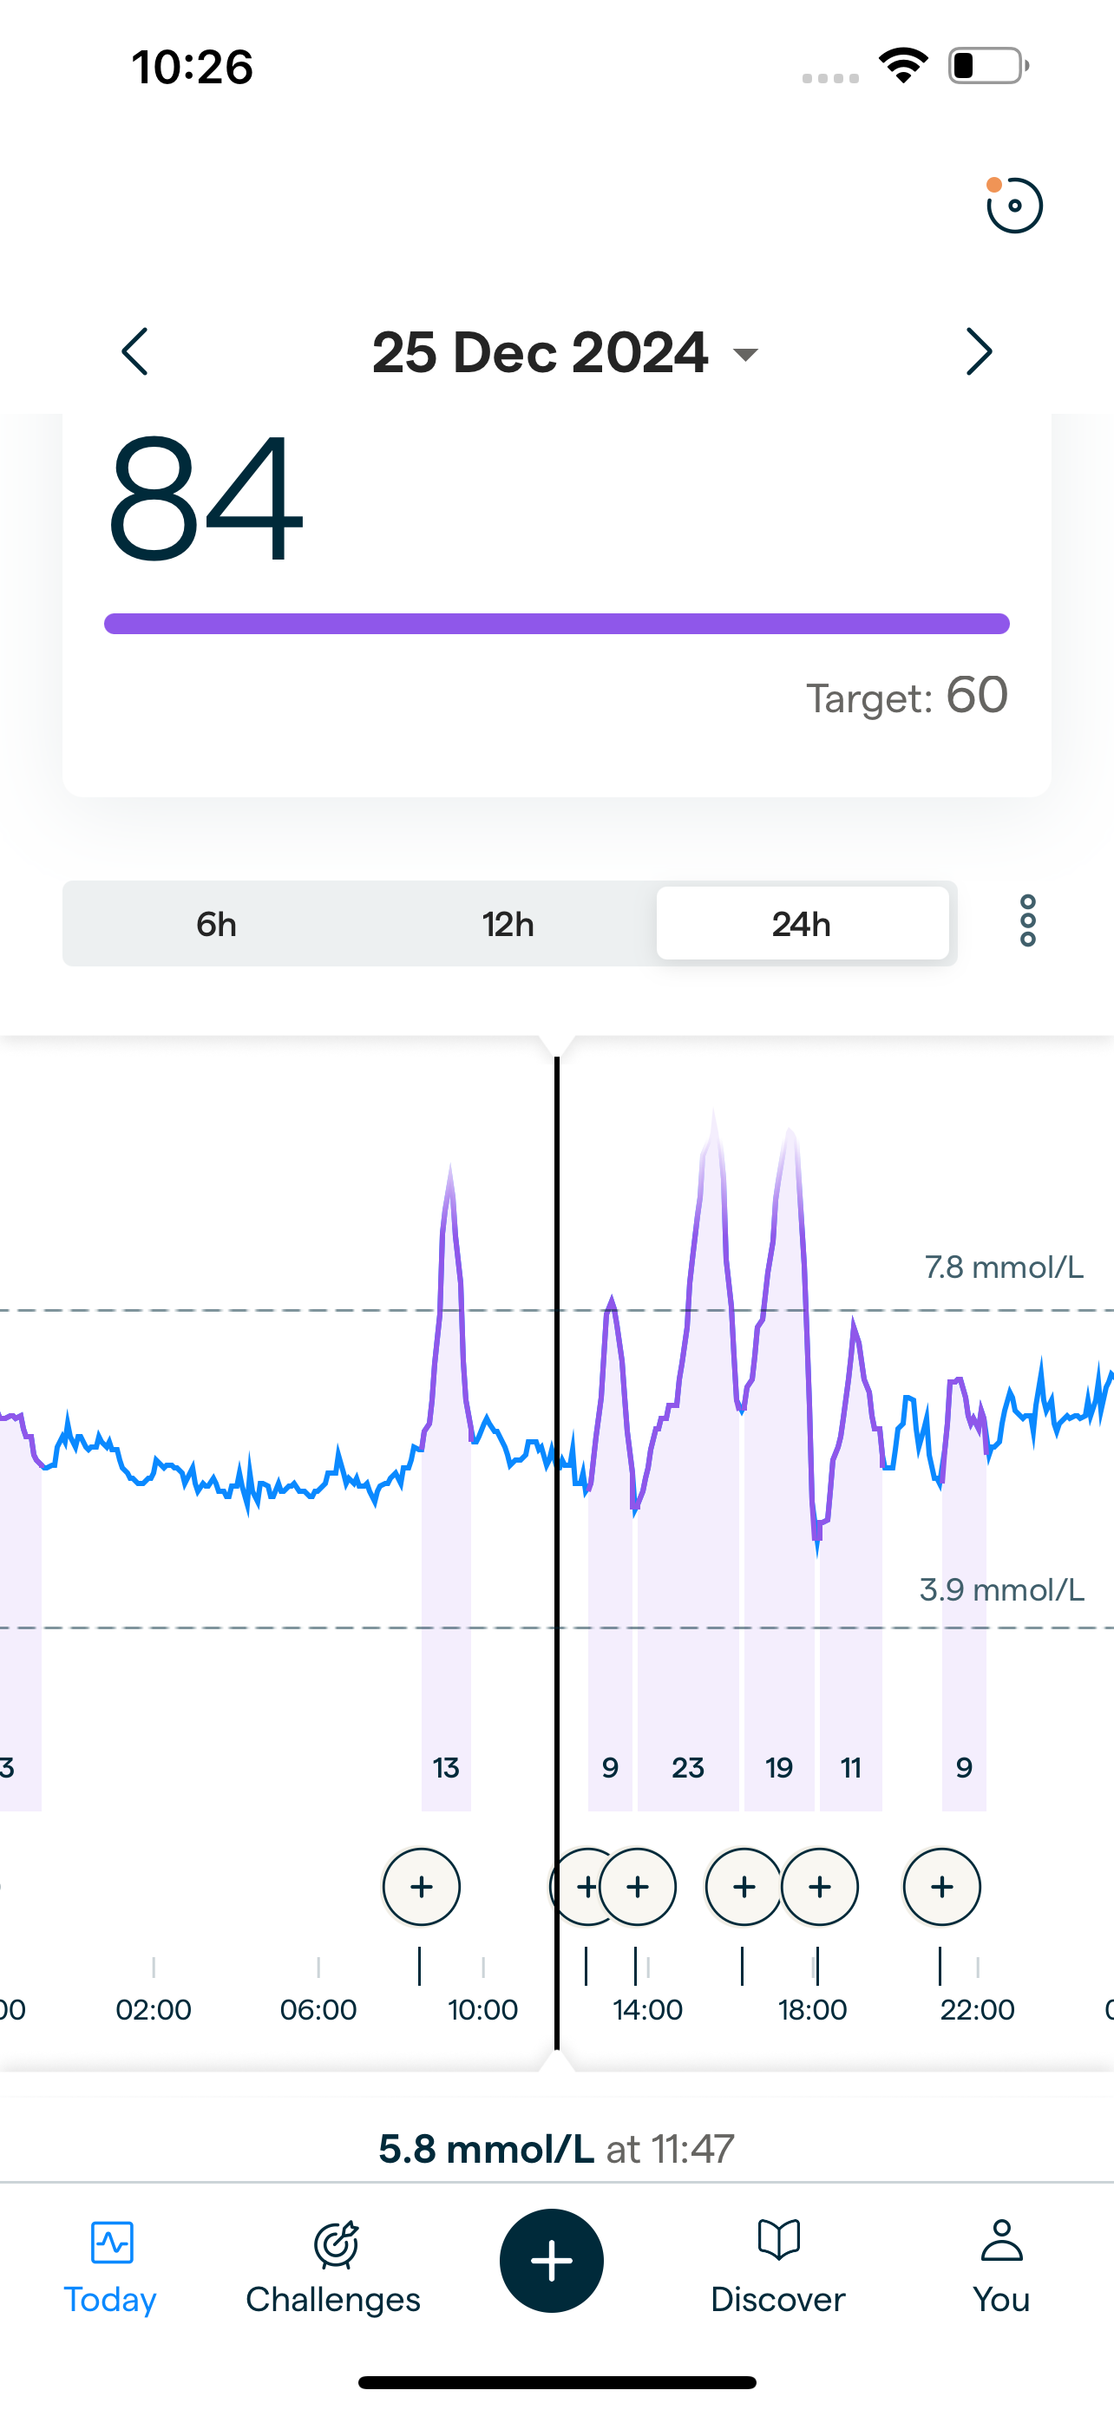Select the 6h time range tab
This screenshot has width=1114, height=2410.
pos(216,924)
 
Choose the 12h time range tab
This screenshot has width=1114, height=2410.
pos(508,924)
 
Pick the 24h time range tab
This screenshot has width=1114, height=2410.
pos(802,924)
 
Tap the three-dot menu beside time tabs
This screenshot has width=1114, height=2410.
pos(1027,921)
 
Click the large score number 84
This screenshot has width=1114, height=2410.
pos(206,498)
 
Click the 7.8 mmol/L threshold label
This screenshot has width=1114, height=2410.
pos(1004,1267)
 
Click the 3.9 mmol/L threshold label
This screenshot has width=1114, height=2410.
pos(1001,1589)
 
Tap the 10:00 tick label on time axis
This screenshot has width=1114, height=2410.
pos(482,2009)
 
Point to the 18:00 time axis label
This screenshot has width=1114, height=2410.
pos(812,2009)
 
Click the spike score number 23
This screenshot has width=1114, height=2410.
pos(687,1767)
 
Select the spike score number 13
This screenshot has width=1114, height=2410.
pos(446,1767)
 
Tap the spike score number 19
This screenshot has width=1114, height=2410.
pos(779,1767)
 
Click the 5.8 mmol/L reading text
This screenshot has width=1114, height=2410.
pos(487,2149)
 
